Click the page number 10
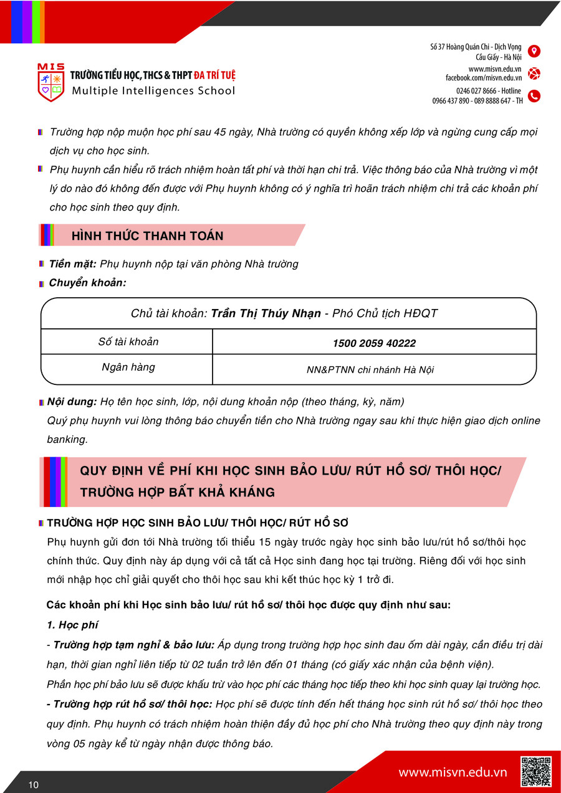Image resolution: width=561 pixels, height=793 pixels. click(33, 785)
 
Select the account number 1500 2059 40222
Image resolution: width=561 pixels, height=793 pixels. click(374, 343)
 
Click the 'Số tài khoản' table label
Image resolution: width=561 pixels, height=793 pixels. click(128, 342)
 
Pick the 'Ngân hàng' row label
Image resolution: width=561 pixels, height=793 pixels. click(128, 368)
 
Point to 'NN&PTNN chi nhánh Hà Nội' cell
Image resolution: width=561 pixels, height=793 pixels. click(370, 370)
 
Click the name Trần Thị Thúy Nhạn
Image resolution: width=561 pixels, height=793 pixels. click(266, 313)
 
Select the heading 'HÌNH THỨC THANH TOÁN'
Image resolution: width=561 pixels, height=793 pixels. click(148, 235)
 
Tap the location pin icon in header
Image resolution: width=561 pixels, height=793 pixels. click(534, 51)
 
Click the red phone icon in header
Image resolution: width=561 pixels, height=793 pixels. click(534, 96)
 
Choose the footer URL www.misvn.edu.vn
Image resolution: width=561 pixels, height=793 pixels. click(453, 772)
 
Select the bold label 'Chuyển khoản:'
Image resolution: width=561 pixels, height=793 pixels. click(87, 283)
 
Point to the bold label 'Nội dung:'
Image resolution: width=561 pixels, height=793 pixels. click(73, 402)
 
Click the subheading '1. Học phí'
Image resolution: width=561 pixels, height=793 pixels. click(72, 625)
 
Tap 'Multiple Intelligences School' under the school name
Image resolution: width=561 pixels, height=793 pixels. click(153, 92)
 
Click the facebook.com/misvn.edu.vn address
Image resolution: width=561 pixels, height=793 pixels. click(483, 78)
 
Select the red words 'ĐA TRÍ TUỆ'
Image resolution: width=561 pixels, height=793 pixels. click(214, 76)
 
